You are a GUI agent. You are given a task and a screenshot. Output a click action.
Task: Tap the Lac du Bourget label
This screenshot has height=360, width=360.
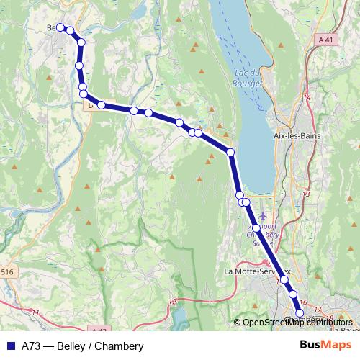(247, 78)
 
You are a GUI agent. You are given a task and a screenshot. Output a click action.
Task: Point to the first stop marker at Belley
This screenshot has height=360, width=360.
(60, 27)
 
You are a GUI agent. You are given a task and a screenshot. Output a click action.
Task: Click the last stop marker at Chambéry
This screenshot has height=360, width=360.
(300, 312)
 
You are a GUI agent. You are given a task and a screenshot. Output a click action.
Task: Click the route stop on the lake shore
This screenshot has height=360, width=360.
(231, 152)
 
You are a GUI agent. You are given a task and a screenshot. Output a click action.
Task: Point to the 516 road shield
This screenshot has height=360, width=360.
(6, 271)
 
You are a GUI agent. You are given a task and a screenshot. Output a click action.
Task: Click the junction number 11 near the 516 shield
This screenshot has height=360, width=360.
(36, 311)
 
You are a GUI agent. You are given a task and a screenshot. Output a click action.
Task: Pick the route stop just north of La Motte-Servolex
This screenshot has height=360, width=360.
(256, 228)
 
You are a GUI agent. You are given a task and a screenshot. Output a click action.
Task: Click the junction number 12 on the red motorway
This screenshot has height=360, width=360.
(172, 301)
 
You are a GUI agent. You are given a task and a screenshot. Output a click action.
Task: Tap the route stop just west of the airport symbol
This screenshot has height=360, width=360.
(246, 202)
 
